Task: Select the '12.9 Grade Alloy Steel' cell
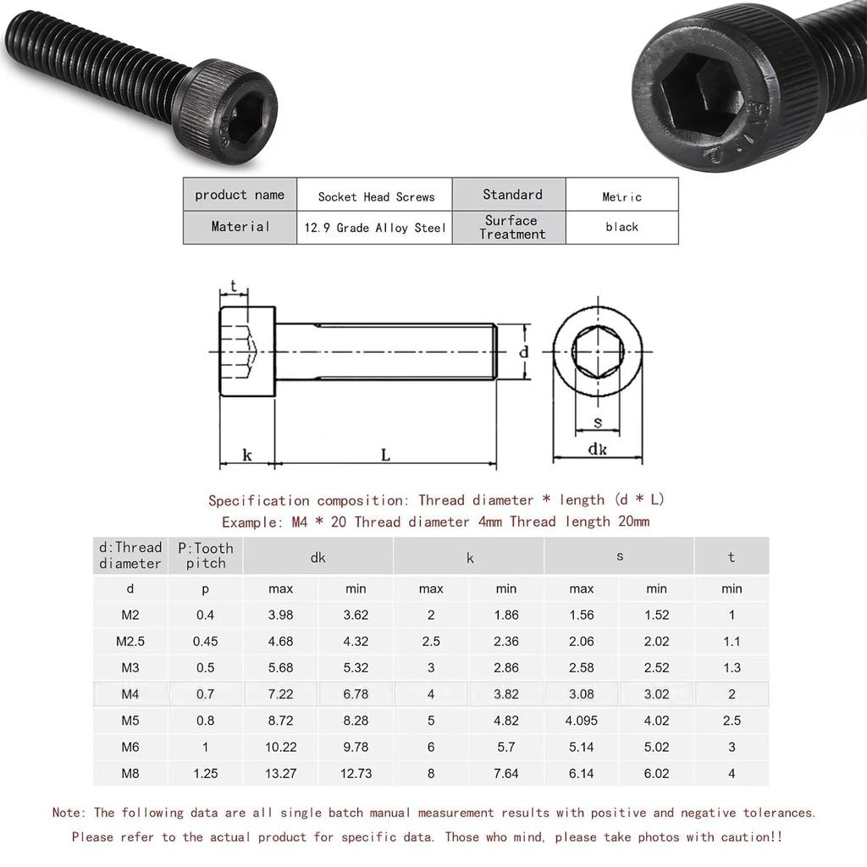click(x=374, y=228)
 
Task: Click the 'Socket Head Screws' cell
click(x=376, y=196)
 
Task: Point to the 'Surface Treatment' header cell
click(x=511, y=227)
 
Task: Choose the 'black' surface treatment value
click(x=621, y=227)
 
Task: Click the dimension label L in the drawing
click(x=385, y=456)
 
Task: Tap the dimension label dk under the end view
click(x=598, y=450)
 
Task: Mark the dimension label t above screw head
click(x=234, y=286)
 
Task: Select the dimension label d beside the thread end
click(x=524, y=351)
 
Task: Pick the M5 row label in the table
click(x=130, y=721)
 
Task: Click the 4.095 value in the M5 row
click(x=581, y=721)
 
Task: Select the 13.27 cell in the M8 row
click(x=280, y=773)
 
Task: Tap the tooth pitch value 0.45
click(x=205, y=641)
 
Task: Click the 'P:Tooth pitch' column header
click(x=205, y=555)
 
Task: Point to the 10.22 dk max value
click(x=280, y=747)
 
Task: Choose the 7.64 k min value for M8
click(x=505, y=773)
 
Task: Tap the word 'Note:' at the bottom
click(x=69, y=813)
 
